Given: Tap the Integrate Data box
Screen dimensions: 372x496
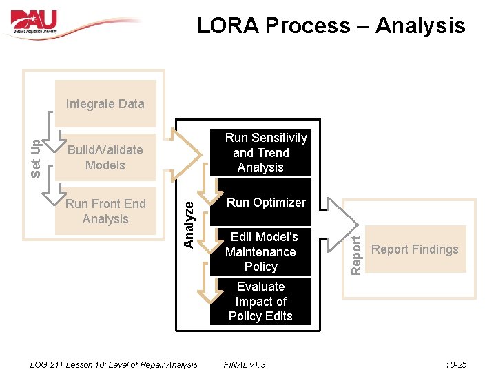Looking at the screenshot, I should [x=105, y=104].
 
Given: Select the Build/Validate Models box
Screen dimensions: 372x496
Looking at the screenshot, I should [x=105, y=158].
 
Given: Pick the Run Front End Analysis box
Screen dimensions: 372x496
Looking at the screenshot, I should [x=105, y=211].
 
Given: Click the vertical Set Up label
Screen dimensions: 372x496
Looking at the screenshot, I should [x=37, y=158].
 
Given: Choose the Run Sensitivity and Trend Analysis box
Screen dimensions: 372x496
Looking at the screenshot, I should [x=260, y=153].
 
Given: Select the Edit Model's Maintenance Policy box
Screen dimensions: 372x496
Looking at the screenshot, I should [x=260, y=251].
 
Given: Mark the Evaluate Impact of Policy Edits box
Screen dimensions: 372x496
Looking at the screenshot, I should [x=260, y=301].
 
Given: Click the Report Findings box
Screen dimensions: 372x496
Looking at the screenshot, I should [x=415, y=249].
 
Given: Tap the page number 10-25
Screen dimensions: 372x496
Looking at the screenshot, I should [x=456, y=364].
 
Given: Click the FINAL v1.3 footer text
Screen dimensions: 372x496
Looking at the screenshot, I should [x=245, y=364].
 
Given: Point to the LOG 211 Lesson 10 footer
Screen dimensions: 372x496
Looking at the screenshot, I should [x=114, y=364].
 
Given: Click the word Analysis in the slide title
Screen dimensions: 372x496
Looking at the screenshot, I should [x=420, y=26].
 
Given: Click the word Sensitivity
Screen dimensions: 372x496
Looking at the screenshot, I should [x=280, y=138].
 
